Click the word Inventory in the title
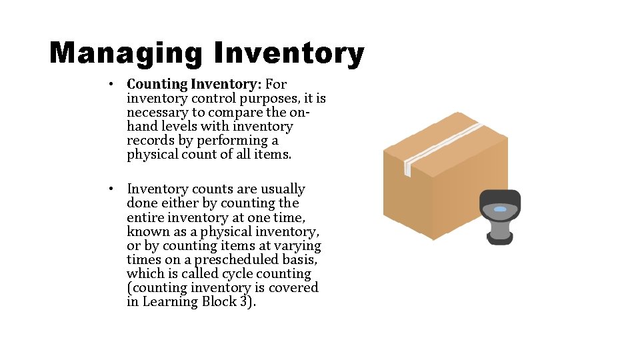pyautogui.click(x=289, y=53)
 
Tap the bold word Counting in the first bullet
pyautogui.click(x=157, y=84)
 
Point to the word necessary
pyautogui.click(x=157, y=112)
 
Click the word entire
pyautogui.click(x=145, y=217)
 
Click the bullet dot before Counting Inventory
pyautogui.click(x=115, y=85)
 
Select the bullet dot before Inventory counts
pyautogui.click(x=115, y=190)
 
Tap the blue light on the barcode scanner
pyautogui.click(x=500, y=209)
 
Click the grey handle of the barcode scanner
pyautogui.click(x=499, y=229)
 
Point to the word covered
pyautogui.click(x=293, y=288)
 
